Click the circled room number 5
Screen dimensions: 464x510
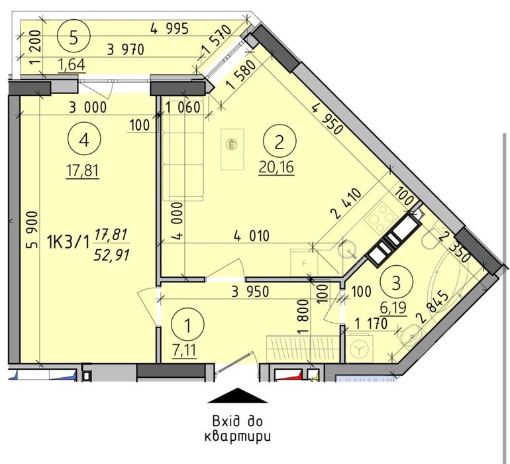click(77, 35)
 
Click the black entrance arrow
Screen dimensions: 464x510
click(238, 396)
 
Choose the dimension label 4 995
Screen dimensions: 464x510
click(170, 28)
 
